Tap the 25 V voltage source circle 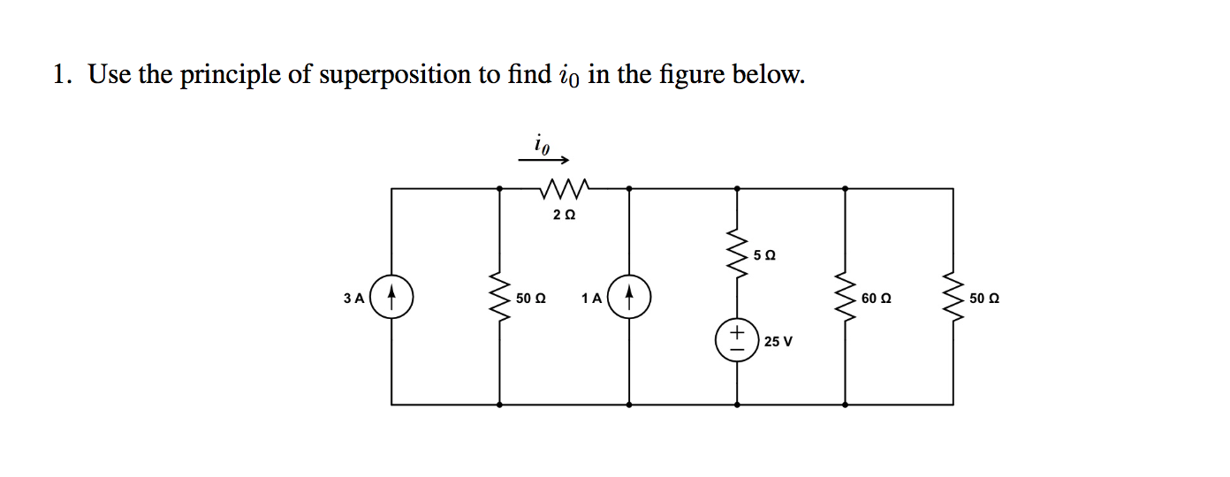(737, 340)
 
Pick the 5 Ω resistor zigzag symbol (737, 254)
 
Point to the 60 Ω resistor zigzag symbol (846, 298)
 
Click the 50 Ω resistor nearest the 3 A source (500, 298)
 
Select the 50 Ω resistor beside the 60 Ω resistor (953, 298)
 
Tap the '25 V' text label (778, 342)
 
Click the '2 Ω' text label (564, 215)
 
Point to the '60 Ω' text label (876, 299)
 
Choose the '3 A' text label (353, 299)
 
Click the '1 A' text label (592, 299)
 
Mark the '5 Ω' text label (765, 255)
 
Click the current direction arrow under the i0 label (543, 161)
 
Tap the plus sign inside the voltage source (737, 332)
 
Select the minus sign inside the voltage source (737, 349)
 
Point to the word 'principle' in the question (232, 76)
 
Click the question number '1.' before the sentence (61, 75)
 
